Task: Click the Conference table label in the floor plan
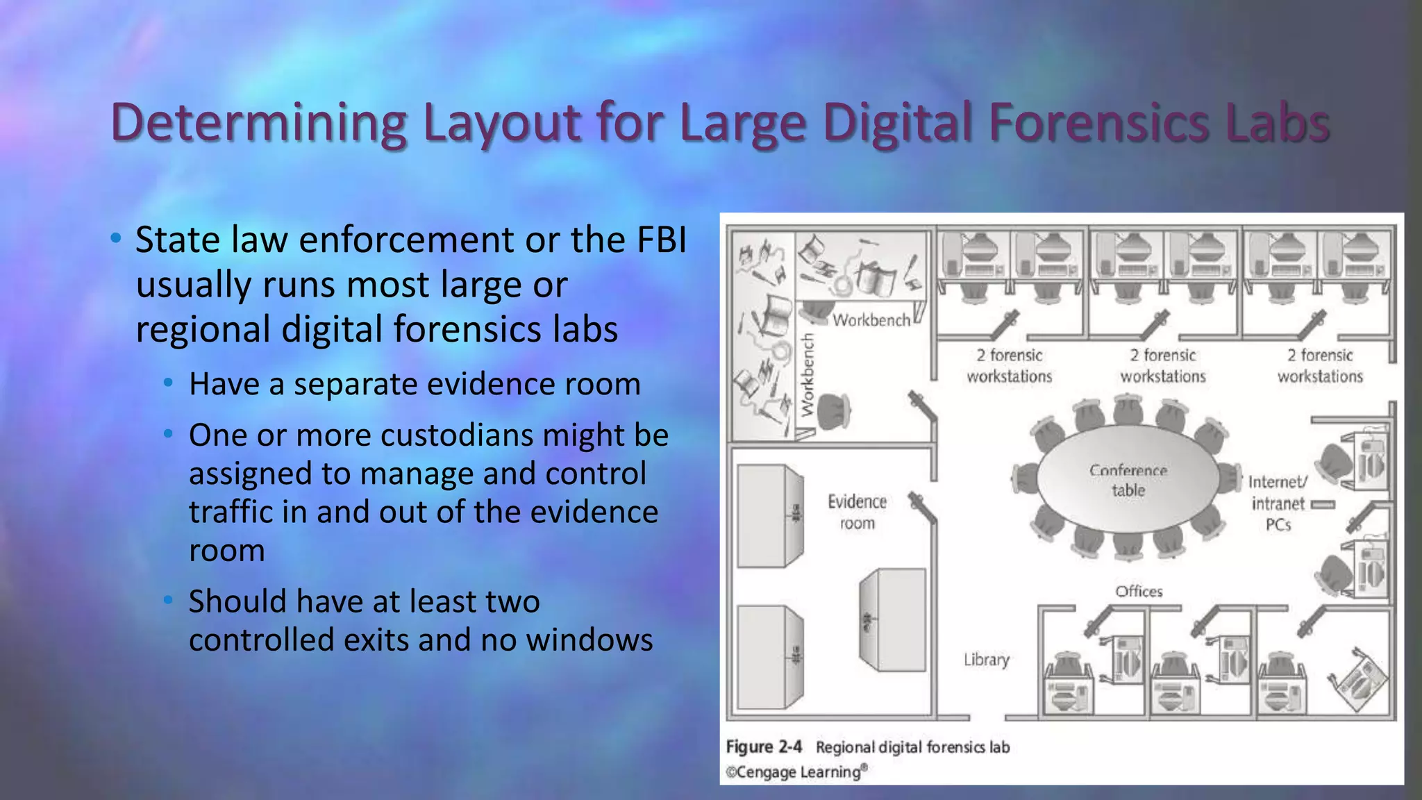pos(1128,481)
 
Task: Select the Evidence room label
pos(857,512)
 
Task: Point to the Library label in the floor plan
pos(986,660)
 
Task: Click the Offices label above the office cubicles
pos(1139,592)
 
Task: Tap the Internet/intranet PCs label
pos(1278,503)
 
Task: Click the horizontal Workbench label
pos(871,320)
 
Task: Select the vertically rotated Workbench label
pos(807,375)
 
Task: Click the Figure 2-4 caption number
pos(764,747)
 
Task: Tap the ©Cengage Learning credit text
pos(796,772)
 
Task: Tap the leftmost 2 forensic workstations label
pos(1010,366)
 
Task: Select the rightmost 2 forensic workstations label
pos(1320,366)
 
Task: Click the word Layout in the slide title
pos(501,123)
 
